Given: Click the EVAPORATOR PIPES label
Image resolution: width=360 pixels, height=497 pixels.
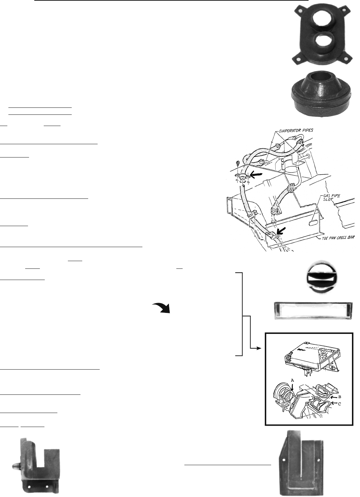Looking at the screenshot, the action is (296, 130).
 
